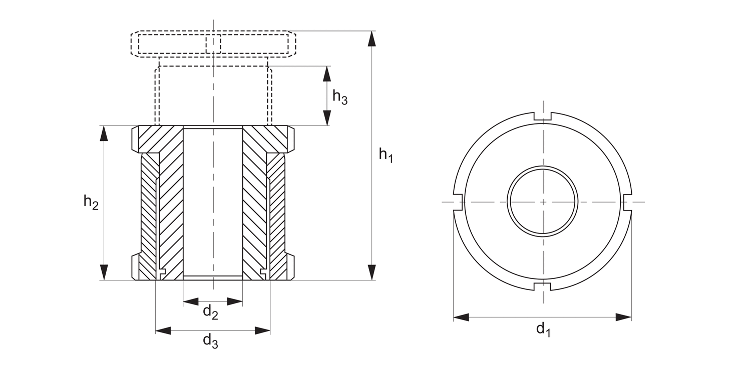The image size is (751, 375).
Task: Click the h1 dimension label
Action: coord(386,155)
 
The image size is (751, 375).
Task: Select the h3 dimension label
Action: coord(340,97)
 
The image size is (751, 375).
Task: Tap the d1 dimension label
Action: coord(543,329)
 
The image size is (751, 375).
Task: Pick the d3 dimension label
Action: coord(210,341)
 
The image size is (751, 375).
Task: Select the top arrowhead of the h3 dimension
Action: coord(327,73)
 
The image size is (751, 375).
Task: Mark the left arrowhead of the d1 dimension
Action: coord(461,317)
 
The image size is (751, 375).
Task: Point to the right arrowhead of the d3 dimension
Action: coord(263,330)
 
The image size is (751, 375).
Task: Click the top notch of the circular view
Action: coord(543,116)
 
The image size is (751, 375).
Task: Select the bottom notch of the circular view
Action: coord(543,286)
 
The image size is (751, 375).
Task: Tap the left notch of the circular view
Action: coord(457,201)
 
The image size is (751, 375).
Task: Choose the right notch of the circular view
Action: coord(628,201)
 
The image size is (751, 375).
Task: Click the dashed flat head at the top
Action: coord(213,43)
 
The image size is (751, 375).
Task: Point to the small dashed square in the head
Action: coord(213,43)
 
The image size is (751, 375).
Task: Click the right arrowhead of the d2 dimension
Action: coord(235,301)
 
